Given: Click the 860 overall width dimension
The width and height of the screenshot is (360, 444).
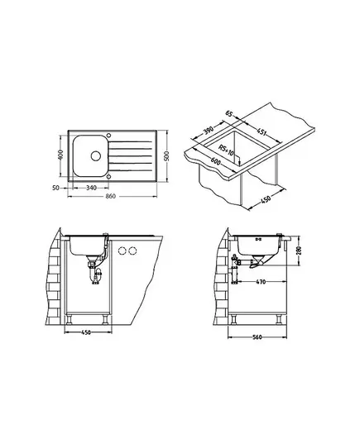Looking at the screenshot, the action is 111,196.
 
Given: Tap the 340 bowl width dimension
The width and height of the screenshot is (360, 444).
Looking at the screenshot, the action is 91,188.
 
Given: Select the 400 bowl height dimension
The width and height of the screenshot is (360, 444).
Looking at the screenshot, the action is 60,155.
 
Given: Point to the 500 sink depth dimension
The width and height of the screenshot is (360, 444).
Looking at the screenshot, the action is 166,156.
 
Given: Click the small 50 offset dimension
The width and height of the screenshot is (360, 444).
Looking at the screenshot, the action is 56,188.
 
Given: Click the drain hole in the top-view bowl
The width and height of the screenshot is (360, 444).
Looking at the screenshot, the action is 96,155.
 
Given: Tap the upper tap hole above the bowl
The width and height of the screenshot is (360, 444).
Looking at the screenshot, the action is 108,134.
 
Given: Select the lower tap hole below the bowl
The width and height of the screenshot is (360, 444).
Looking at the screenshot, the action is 108,177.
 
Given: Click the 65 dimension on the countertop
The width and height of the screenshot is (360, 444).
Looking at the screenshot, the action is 229,114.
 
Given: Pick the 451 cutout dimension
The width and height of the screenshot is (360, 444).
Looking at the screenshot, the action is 261,131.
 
